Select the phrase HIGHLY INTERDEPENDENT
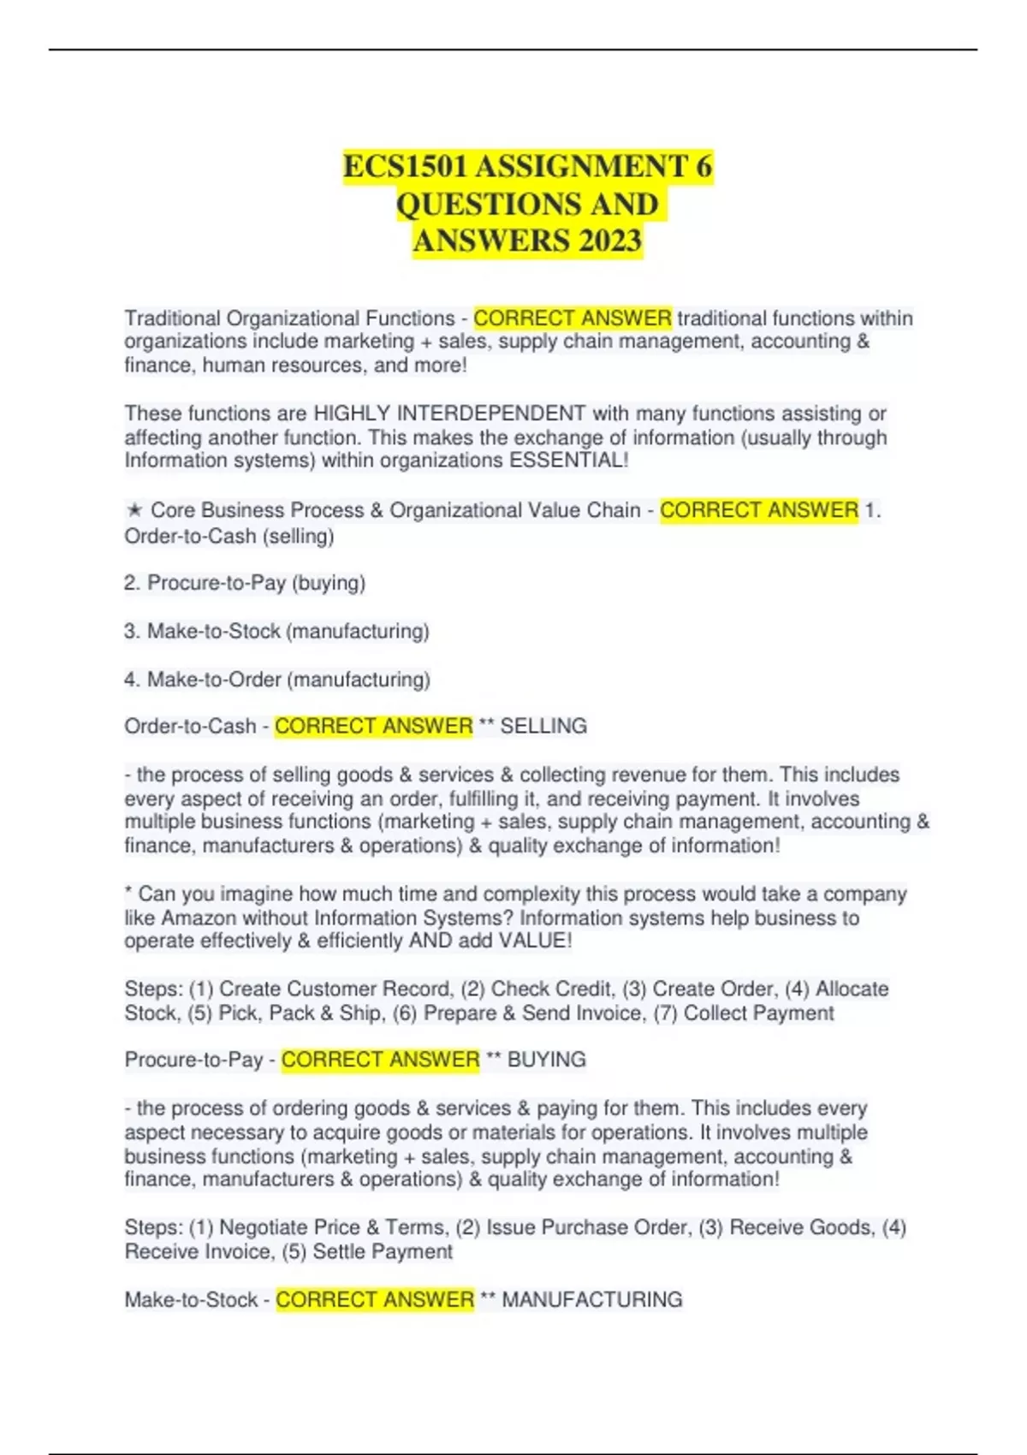pyautogui.click(x=449, y=413)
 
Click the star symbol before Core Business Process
pyautogui.click(x=134, y=510)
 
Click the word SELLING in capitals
pyautogui.click(x=543, y=726)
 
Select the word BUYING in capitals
pyautogui.click(x=546, y=1060)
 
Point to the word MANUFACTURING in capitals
pyautogui.click(x=591, y=1299)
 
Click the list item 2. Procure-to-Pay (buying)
pyautogui.click(x=245, y=583)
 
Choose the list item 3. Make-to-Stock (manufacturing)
pyautogui.click(x=276, y=631)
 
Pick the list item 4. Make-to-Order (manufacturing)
pyautogui.click(x=276, y=680)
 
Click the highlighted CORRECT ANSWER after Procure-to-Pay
pyautogui.click(x=380, y=1060)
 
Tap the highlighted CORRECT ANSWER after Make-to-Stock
pyautogui.click(x=375, y=1299)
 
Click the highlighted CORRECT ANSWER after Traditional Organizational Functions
pyautogui.click(x=573, y=318)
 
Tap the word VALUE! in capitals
pyautogui.click(x=536, y=941)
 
